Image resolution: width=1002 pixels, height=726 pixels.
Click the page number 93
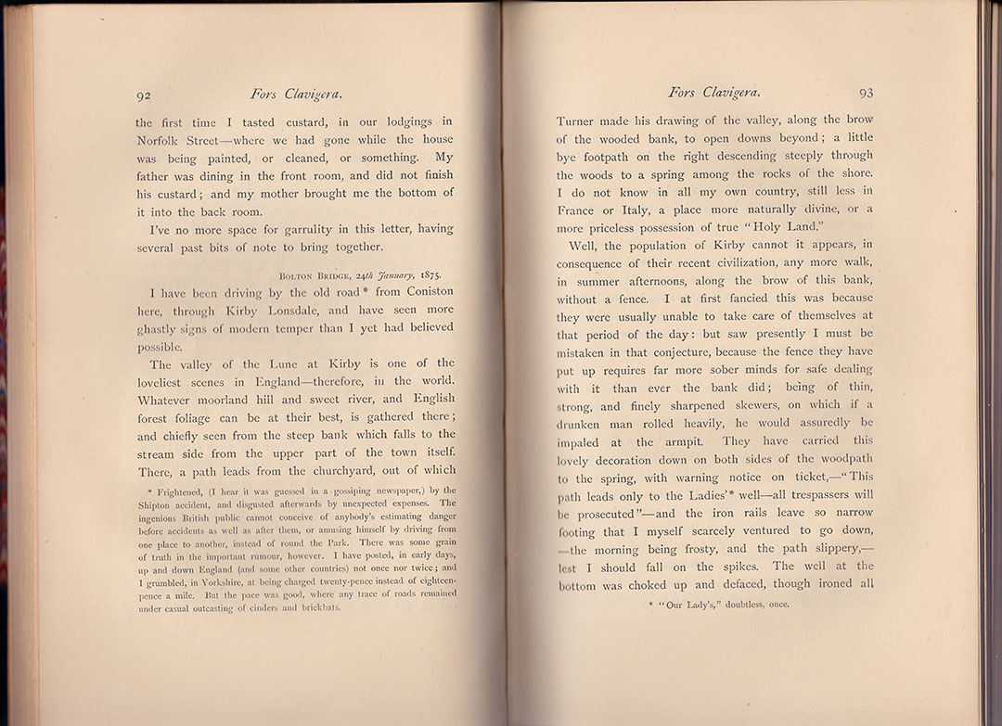coord(867,92)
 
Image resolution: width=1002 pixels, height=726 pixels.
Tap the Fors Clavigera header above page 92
coord(297,94)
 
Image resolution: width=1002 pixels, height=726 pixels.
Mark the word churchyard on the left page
coord(353,469)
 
